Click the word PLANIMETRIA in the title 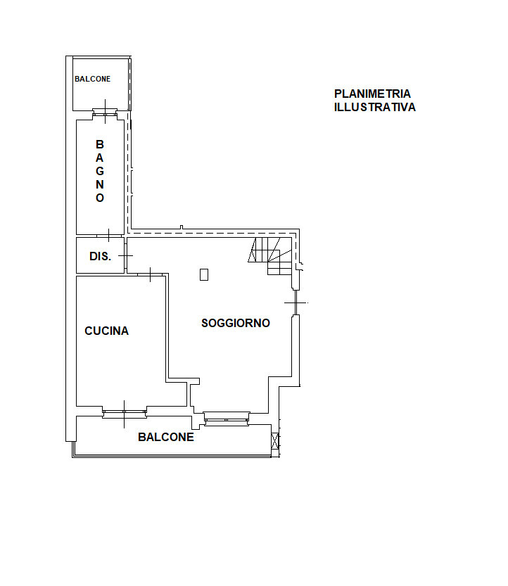pyautogui.click(x=372, y=94)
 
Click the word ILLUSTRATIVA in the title pyautogui.click(x=374, y=107)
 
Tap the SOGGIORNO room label pyautogui.click(x=236, y=324)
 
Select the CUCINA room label pyautogui.click(x=106, y=331)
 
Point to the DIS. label pyautogui.click(x=100, y=256)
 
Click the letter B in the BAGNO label pyautogui.click(x=99, y=144)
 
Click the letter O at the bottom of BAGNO pyautogui.click(x=99, y=198)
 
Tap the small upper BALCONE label pyautogui.click(x=92, y=79)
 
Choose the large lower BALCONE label pyautogui.click(x=166, y=437)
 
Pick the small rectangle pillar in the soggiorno pyautogui.click(x=204, y=274)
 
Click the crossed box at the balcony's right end pyautogui.click(x=274, y=440)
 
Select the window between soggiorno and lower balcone pyautogui.click(x=227, y=419)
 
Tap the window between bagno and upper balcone pyautogui.click(x=105, y=111)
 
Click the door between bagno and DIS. pyautogui.click(x=109, y=236)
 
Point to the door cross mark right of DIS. pyautogui.click(x=126, y=256)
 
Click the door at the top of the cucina pyautogui.click(x=151, y=274)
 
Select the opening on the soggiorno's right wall pyautogui.click(x=296, y=302)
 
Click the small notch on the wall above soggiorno pyautogui.click(x=182, y=227)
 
